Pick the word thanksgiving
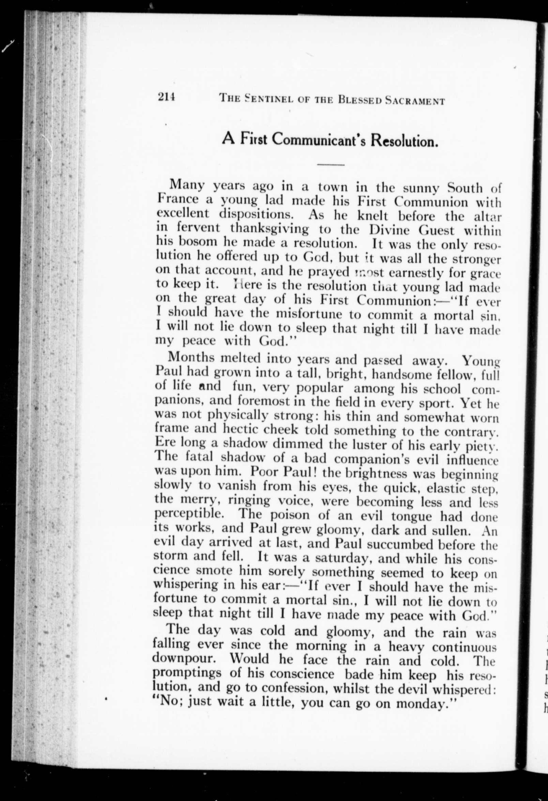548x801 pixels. (x=270, y=228)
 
